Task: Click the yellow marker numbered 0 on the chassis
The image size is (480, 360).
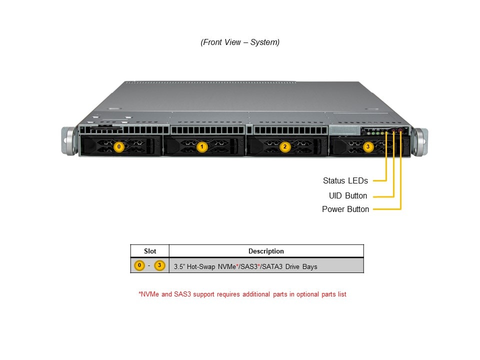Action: [x=118, y=147]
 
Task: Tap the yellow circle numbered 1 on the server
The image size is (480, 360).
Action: [x=202, y=147]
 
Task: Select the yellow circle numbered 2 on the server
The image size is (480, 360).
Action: [x=285, y=147]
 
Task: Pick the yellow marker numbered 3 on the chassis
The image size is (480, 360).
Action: [x=368, y=147]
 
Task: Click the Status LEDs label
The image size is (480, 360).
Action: [x=345, y=181]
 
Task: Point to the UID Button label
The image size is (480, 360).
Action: [x=347, y=195]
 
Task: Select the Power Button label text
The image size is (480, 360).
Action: [x=345, y=209]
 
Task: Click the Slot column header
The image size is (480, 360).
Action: [x=150, y=251]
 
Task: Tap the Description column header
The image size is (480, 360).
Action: [x=266, y=251]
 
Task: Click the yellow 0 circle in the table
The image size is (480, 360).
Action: [x=140, y=265]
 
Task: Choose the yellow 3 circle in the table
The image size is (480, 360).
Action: [x=159, y=265]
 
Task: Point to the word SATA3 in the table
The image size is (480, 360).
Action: [x=274, y=267]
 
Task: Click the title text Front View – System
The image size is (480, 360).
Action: [x=240, y=42]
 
